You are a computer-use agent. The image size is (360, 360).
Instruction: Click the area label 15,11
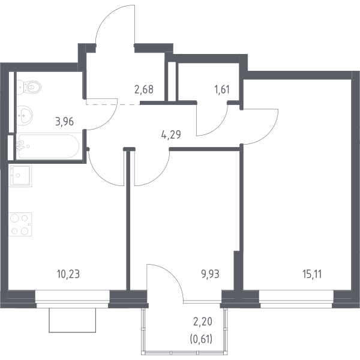(312, 274)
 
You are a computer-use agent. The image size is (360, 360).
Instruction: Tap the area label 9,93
(211, 274)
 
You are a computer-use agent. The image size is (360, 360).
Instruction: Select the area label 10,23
(68, 274)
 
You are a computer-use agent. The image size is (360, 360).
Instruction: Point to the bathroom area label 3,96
(65, 121)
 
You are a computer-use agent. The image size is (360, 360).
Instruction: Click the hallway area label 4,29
(171, 135)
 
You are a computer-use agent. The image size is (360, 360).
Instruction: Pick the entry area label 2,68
(144, 89)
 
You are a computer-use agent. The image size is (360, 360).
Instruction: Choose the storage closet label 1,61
(222, 89)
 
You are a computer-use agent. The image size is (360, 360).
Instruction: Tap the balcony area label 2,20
(203, 322)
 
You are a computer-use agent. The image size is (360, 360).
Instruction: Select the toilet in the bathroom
(29, 87)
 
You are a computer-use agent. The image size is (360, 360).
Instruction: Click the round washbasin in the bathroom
(25, 115)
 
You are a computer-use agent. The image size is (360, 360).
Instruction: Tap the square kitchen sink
(20, 176)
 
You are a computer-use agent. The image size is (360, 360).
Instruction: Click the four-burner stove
(20, 224)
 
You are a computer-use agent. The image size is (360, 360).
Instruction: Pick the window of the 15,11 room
(296, 299)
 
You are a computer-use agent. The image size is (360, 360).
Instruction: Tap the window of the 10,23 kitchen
(73, 299)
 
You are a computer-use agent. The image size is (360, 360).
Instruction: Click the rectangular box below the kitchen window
(73, 320)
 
